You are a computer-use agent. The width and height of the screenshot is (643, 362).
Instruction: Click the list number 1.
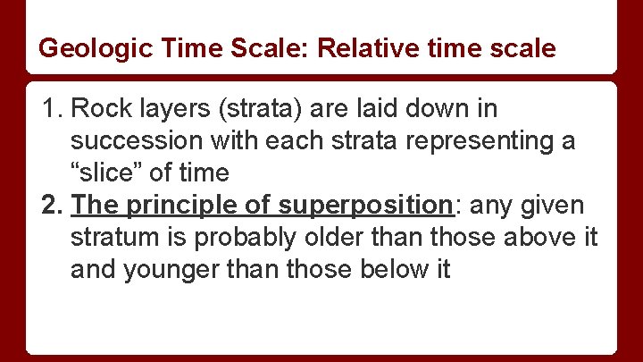click(50, 109)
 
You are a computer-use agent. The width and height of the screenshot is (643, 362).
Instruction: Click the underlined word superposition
click(366, 206)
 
